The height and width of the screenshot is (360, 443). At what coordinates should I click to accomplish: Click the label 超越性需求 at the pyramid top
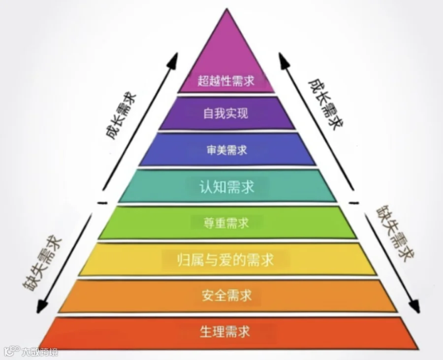(x=226, y=81)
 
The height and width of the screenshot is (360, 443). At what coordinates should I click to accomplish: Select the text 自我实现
(x=226, y=113)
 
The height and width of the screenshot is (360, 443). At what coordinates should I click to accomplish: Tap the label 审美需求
(x=226, y=150)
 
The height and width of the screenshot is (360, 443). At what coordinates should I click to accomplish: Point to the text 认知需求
(x=227, y=187)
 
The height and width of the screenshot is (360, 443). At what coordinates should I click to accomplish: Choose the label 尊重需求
(x=226, y=223)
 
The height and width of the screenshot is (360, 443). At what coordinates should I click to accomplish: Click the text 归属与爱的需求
(x=225, y=260)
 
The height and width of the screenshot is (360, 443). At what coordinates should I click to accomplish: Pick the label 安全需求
(x=226, y=295)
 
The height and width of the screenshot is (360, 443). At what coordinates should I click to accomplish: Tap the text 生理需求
(x=225, y=331)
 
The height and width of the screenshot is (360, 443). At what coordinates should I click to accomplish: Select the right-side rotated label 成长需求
(x=326, y=104)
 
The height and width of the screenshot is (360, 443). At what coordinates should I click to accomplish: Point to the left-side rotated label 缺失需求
(x=41, y=262)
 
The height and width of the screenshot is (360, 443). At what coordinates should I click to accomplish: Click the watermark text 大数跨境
(x=40, y=352)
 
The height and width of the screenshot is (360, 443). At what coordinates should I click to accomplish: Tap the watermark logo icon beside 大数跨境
(x=13, y=351)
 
